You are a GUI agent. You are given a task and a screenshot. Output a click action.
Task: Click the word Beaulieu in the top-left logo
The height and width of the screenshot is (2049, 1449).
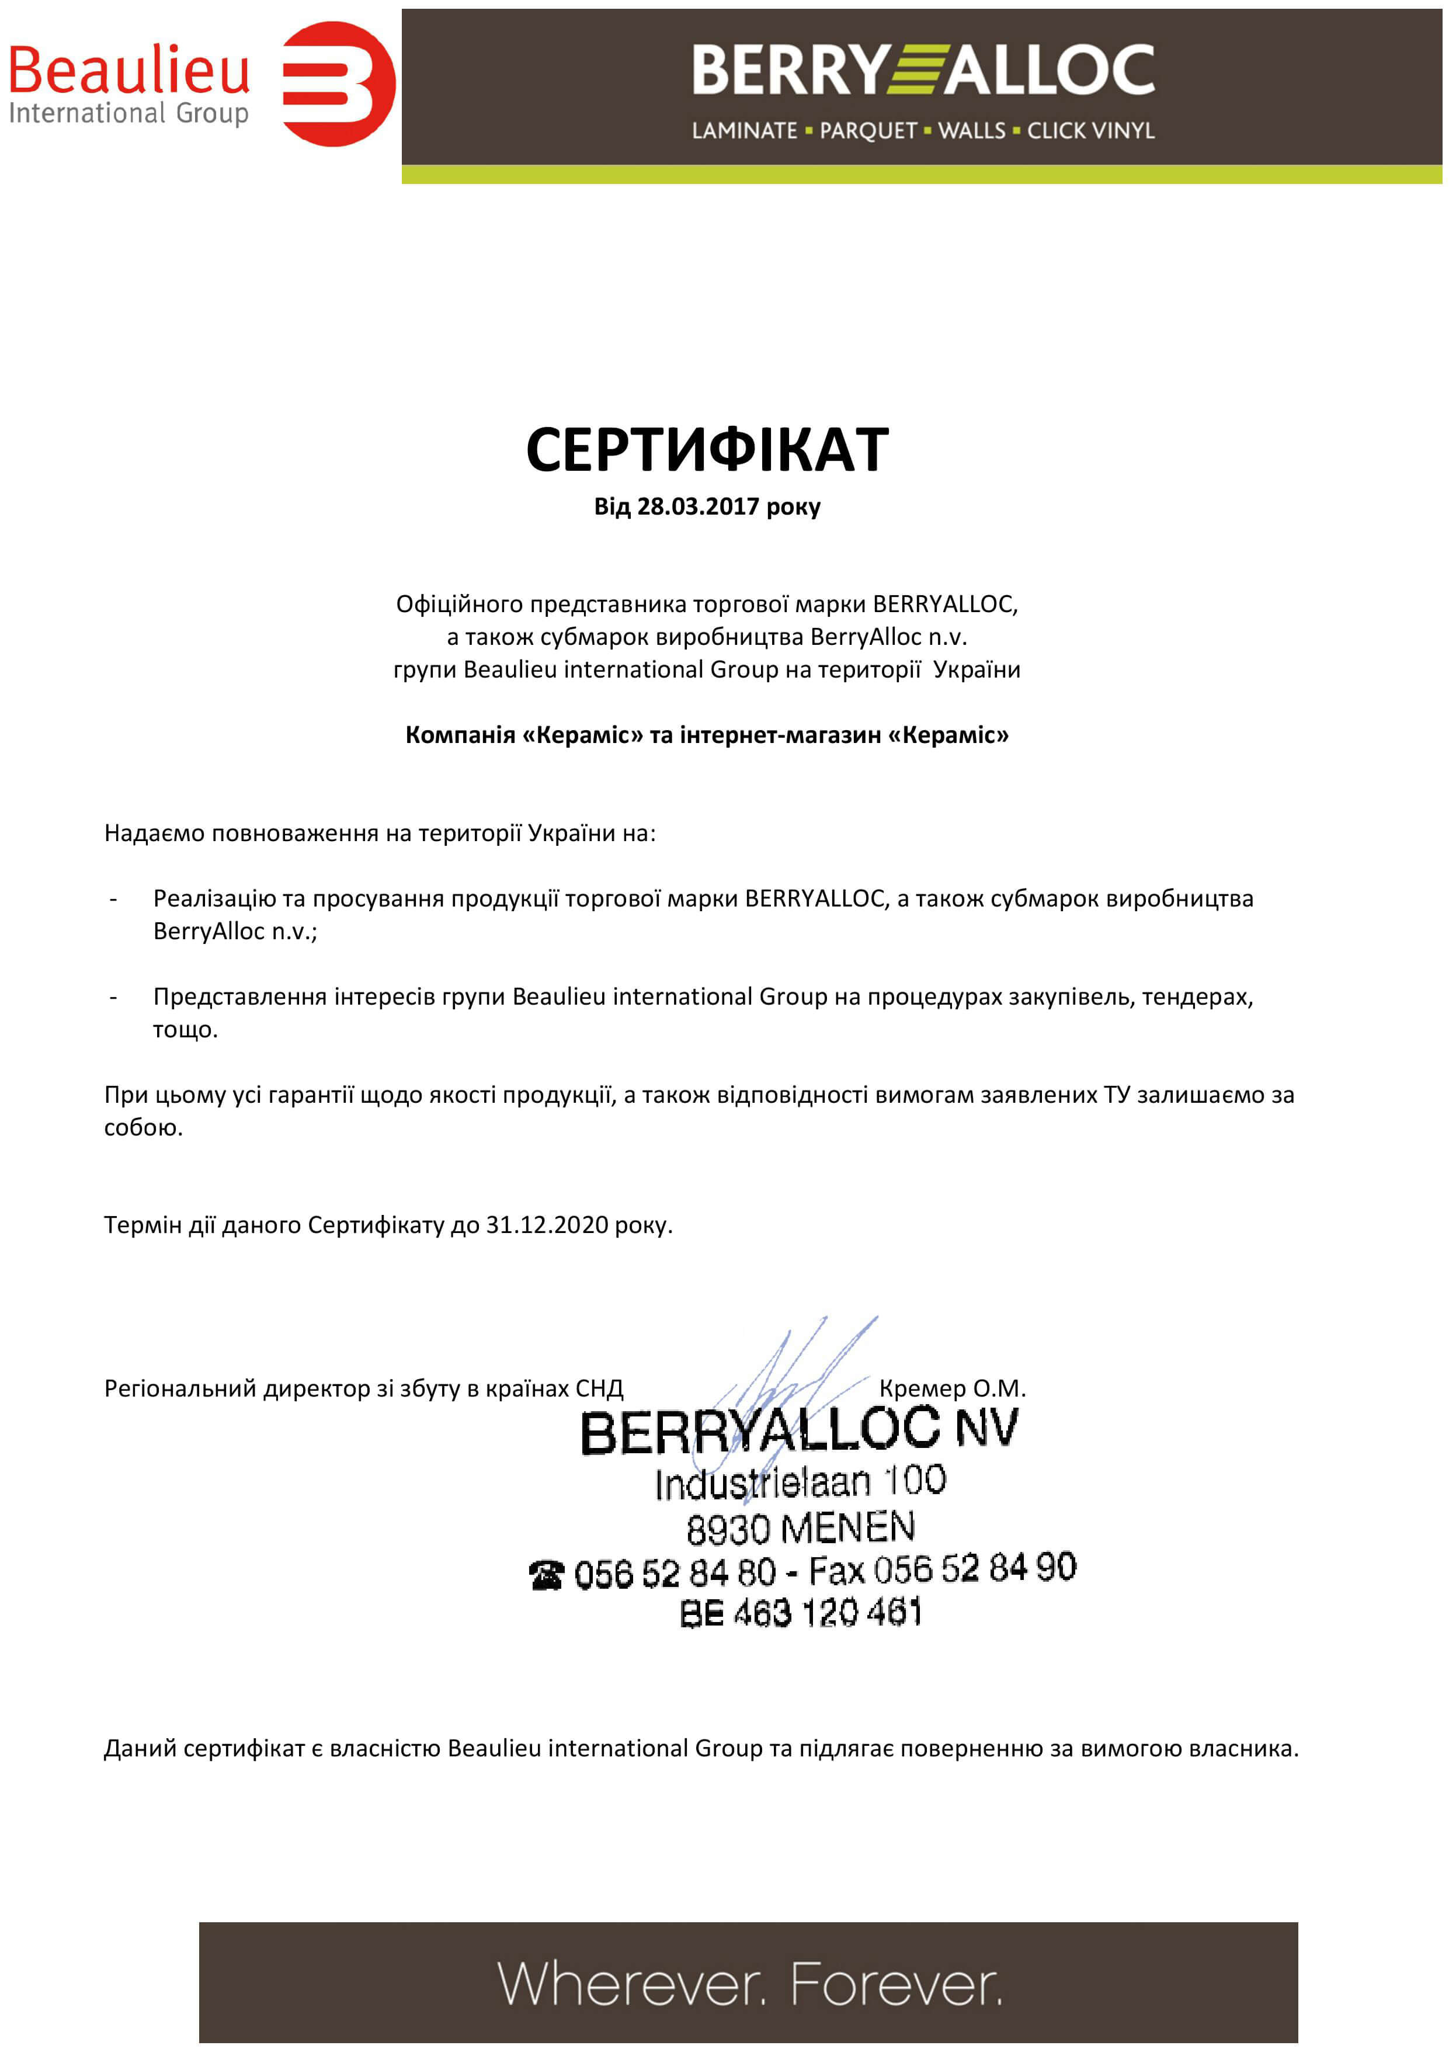(130, 71)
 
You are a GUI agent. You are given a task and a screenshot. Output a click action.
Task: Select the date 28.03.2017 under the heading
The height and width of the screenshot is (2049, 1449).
(698, 507)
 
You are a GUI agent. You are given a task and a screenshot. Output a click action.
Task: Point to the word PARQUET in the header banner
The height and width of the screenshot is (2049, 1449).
(867, 131)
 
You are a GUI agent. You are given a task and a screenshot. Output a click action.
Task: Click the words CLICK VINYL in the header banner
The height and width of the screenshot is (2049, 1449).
(1090, 131)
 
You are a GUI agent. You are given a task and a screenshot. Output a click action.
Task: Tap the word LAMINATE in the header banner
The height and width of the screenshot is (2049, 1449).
(744, 131)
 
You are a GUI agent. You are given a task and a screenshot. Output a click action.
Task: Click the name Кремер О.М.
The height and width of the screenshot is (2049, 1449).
(952, 1388)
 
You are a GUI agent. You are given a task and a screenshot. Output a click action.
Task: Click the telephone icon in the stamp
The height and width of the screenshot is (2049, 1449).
(546, 1575)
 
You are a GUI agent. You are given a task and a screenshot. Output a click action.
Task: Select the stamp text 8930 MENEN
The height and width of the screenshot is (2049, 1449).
(800, 1528)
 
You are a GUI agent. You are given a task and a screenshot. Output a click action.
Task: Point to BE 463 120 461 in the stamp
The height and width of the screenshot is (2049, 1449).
(800, 1613)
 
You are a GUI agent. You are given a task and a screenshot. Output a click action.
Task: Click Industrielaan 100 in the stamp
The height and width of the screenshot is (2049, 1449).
(800, 1483)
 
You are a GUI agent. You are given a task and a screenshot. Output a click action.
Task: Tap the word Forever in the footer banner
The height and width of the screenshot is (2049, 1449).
(896, 1983)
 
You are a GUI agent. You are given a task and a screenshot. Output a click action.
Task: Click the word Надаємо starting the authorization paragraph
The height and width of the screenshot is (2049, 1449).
(154, 834)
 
